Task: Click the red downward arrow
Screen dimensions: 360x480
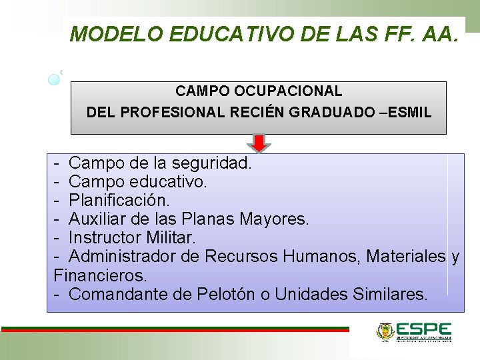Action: [259, 143]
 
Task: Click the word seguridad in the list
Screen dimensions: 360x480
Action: [211, 163]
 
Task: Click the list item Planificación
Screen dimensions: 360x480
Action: [119, 200]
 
